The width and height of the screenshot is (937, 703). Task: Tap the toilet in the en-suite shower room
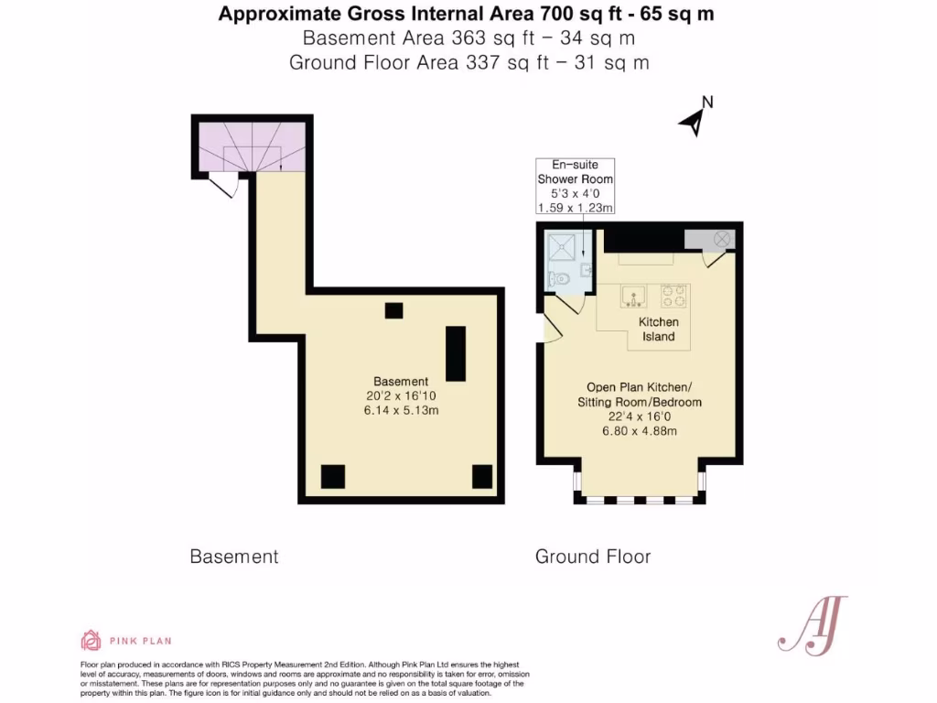(560, 277)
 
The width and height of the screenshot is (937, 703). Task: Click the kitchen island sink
(632, 295)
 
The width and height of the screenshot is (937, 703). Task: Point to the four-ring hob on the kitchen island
(673, 295)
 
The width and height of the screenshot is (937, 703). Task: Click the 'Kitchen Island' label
(658, 330)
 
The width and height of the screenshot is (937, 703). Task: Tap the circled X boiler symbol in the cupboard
(722, 238)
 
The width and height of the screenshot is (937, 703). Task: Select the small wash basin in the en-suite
(587, 269)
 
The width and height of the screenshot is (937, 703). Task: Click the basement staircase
(252, 146)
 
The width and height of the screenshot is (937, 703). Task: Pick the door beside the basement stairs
(222, 186)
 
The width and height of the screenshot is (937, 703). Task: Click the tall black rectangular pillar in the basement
(455, 352)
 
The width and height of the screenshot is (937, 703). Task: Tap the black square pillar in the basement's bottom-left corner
(332, 477)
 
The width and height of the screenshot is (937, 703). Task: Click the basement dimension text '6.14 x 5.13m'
(401, 410)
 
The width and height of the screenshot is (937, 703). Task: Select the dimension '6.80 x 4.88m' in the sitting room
(639, 431)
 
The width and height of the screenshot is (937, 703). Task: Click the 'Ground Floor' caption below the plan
(593, 557)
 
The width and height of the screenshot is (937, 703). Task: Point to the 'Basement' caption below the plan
(233, 557)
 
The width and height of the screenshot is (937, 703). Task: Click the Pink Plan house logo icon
(91, 640)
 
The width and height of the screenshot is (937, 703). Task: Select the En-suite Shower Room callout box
(575, 186)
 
